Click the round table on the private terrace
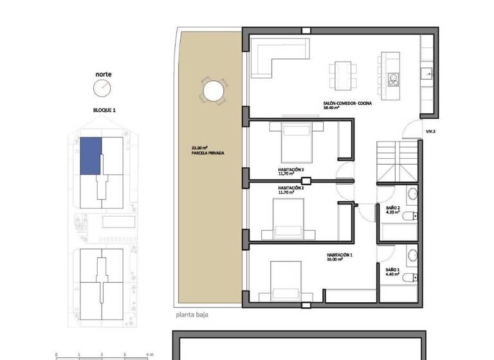[x=214, y=91]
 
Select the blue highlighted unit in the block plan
[x=91, y=156]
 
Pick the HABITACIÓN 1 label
[x=340, y=255]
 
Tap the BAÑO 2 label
[x=393, y=208]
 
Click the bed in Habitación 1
[x=286, y=280]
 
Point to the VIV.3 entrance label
[x=430, y=132]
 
